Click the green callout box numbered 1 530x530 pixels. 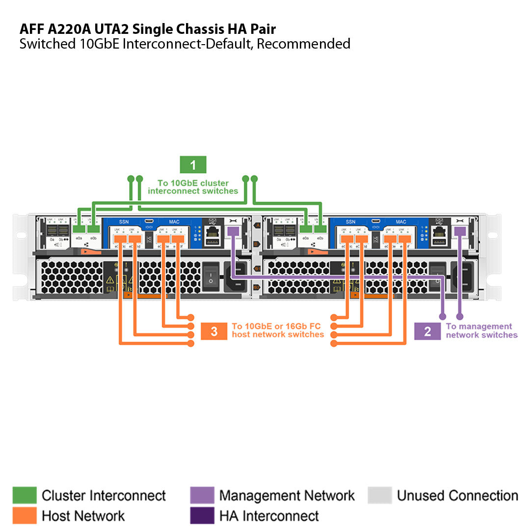(193, 165)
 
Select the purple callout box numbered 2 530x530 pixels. (427, 331)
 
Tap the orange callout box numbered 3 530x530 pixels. (214, 331)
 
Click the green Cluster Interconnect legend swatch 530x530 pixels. (24, 495)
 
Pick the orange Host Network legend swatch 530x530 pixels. (24, 515)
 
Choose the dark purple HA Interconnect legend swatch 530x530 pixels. (202, 515)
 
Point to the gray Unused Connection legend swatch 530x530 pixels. (379, 495)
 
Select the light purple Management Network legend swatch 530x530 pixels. (202, 495)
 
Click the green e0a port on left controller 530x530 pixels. (79, 229)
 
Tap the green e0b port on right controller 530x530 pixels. (320, 229)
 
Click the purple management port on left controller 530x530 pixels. (233, 231)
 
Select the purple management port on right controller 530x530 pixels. (460, 231)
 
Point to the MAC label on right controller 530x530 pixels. (401, 222)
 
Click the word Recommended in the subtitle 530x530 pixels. (304, 44)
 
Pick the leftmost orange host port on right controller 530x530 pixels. (347, 239)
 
